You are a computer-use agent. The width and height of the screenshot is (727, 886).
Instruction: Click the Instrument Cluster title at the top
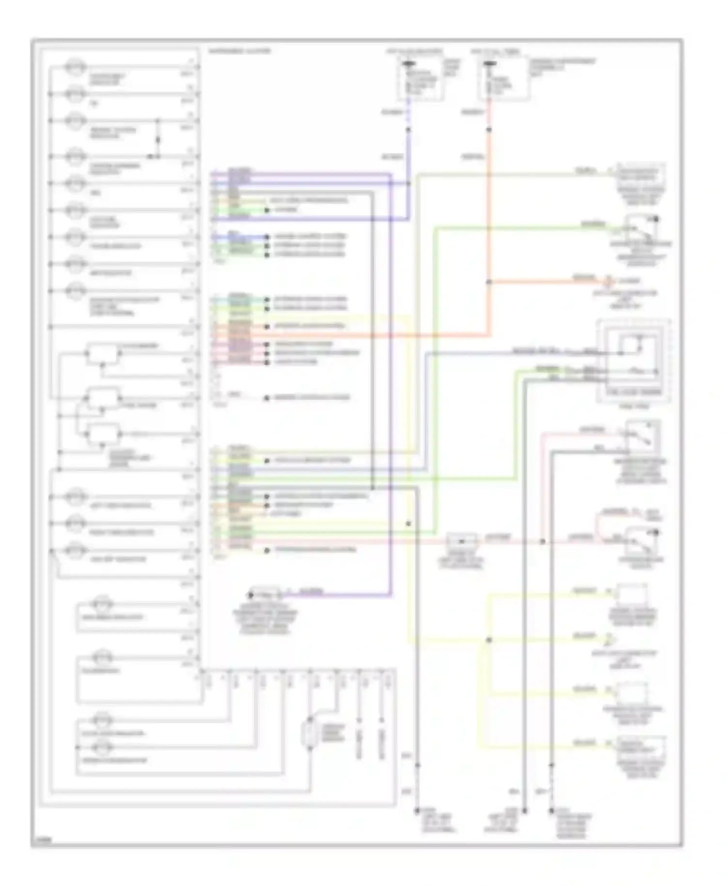coord(239,51)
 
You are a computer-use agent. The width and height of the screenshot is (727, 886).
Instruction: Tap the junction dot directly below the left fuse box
coord(408,130)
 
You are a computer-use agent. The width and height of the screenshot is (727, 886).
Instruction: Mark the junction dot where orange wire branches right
coord(489,282)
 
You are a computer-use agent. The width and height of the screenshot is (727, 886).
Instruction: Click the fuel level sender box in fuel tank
coord(633,361)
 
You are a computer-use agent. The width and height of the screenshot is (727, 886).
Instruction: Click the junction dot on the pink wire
coord(542,541)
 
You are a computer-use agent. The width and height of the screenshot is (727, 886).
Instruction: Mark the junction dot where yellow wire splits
coord(489,640)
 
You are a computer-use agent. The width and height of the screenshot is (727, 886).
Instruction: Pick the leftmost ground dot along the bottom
coord(417,810)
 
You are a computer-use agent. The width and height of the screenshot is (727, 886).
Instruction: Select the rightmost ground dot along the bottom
coord(551,810)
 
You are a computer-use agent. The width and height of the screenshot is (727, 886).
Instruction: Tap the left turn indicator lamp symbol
coord(76,497)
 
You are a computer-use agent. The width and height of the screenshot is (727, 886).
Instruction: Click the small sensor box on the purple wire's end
coord(264,594)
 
